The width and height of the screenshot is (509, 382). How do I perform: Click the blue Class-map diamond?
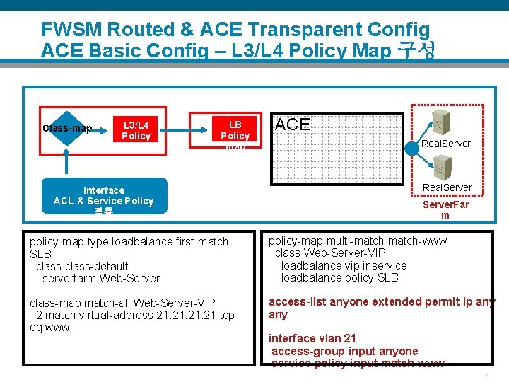coord(67,128)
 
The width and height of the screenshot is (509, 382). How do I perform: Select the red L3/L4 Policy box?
coord(136,129)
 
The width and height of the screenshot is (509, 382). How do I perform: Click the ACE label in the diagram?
coord(292,125)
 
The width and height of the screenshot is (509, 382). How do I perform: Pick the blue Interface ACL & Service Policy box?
coord(104,195)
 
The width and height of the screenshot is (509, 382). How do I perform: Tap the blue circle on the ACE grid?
coord(411,150)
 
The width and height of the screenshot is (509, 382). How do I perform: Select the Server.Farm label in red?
coord(445,209)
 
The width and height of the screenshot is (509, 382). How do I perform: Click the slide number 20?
coord(488,376)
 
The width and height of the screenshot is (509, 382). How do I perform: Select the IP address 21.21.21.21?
coord(169,315)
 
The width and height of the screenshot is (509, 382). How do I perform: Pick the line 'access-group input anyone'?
coord(344,351)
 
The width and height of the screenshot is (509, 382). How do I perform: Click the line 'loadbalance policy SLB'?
coord(339,277)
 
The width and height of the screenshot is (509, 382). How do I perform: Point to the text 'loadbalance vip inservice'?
coord(344,265)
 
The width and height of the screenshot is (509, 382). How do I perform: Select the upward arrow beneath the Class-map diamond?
coord(67,161)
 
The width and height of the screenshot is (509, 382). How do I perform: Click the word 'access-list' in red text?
coord(297,302)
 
